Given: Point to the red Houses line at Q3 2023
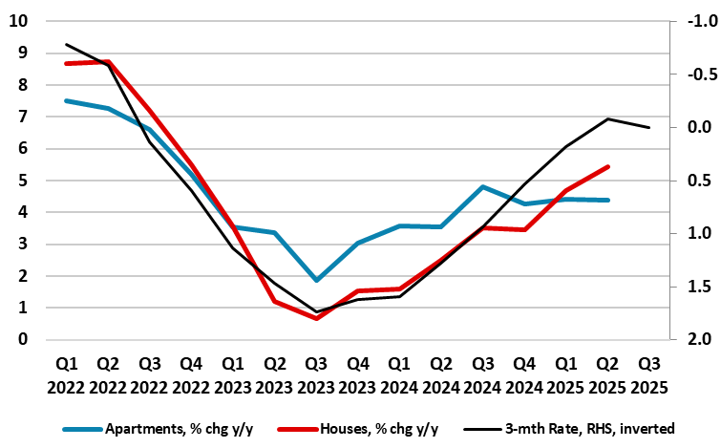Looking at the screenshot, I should coord(317,318).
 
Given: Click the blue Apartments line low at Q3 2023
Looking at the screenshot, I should coord(317,280).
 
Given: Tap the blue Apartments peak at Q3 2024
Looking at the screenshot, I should coord(484,187).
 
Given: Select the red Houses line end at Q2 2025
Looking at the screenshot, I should coord(608,166).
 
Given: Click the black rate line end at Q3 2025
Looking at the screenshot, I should coord(650,127).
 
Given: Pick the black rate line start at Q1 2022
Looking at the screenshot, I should coord(66,44).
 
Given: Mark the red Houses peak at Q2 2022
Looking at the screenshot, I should coord(108,62).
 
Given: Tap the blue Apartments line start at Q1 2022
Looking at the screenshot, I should coord(66,100).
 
